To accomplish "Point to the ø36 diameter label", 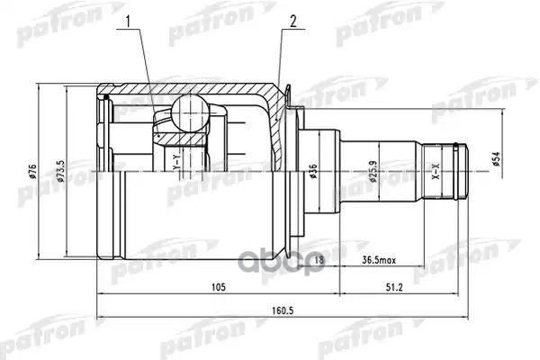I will coord(312,171).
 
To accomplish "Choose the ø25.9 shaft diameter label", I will coord(371,171).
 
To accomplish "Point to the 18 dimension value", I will coord(319,261).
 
